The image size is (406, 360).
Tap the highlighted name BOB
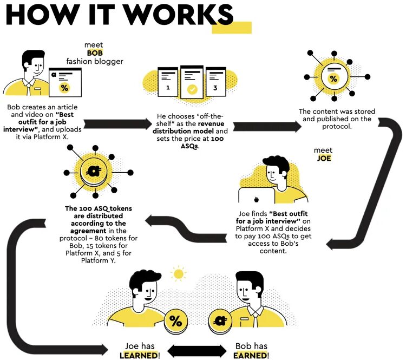[95, 53]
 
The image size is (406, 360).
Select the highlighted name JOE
[323, 158]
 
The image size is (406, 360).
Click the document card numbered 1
[168, 81]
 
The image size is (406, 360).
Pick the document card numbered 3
[214, 81]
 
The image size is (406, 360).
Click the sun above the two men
[177, 274]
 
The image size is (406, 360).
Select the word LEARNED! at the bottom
[140, 355]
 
